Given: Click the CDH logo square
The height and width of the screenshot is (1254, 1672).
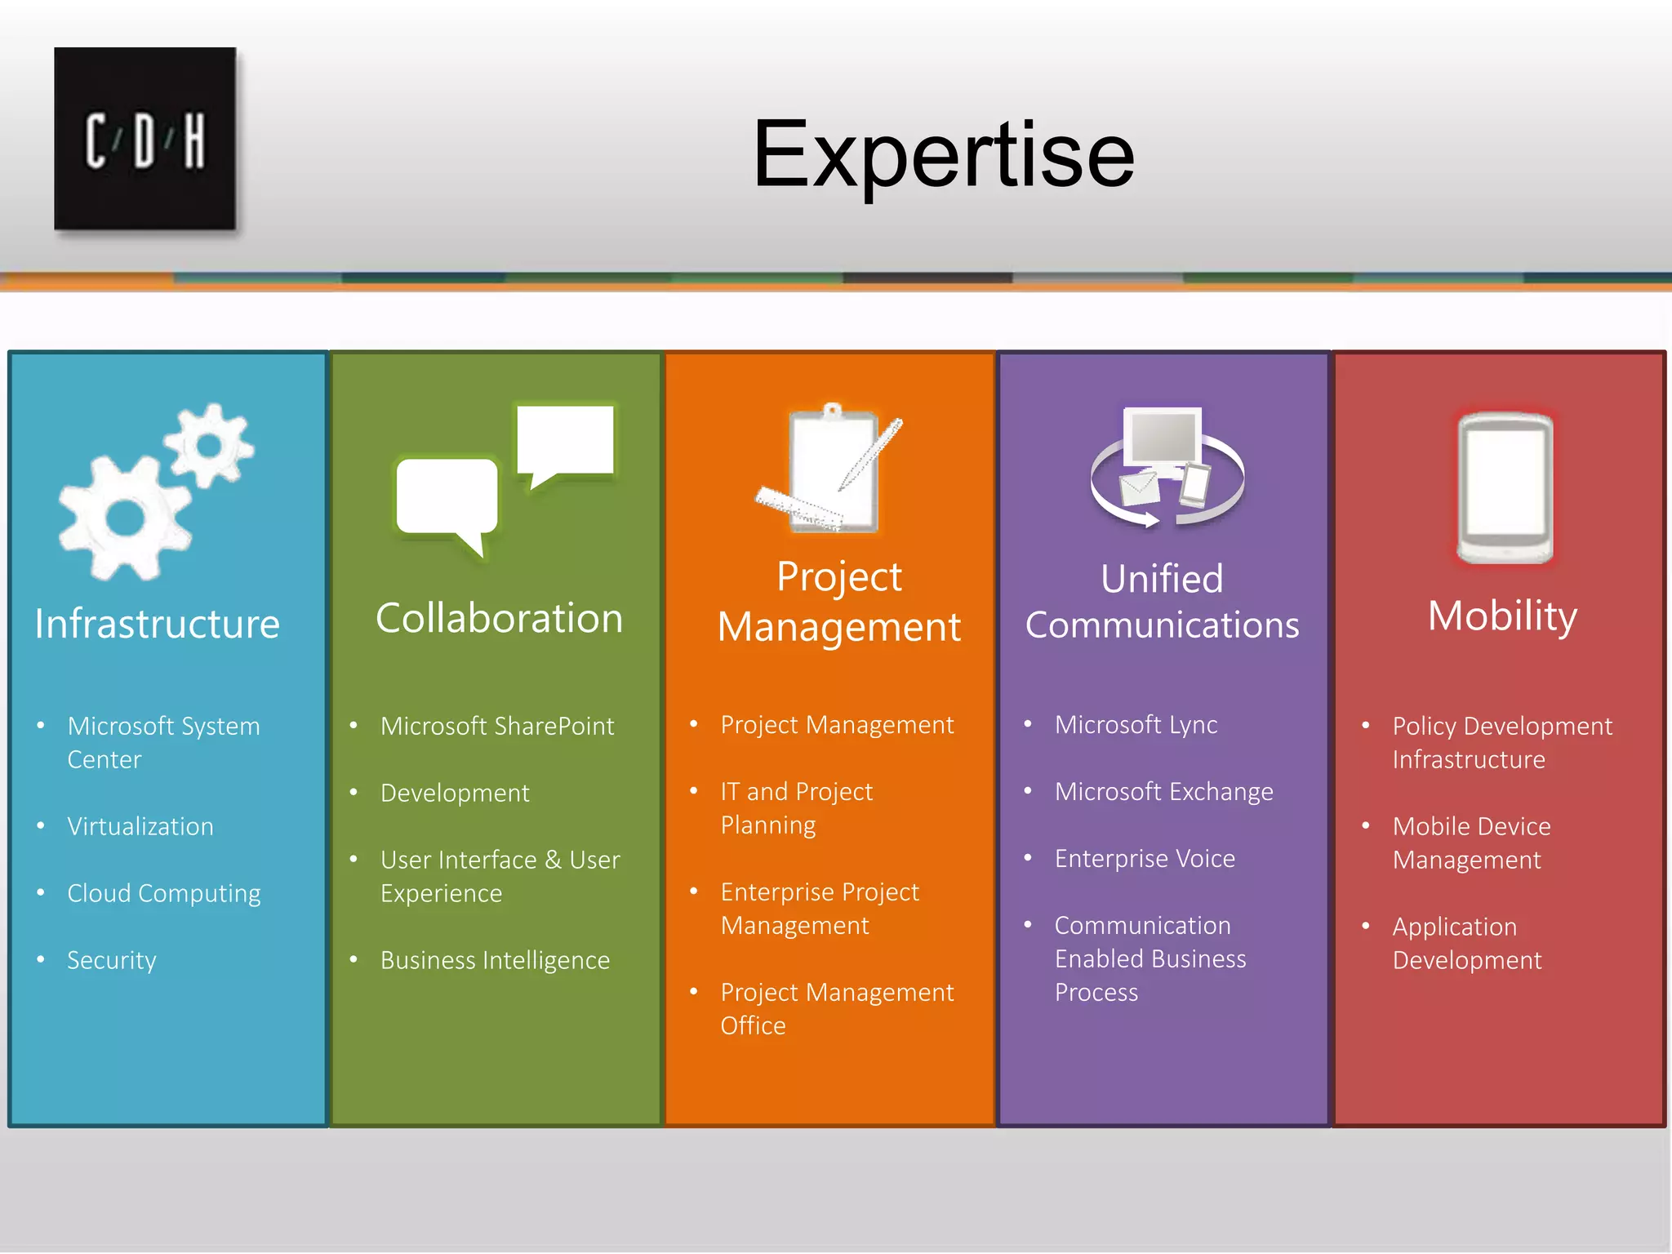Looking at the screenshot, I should click(145, 139).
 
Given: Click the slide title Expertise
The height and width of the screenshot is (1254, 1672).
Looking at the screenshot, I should click(943, 154).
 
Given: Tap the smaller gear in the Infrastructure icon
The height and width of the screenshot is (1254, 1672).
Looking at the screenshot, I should click(209, 445).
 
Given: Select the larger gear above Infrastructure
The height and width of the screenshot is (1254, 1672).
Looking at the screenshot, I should click(124, 519).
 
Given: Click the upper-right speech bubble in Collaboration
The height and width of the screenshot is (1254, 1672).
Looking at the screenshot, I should click(565, 442).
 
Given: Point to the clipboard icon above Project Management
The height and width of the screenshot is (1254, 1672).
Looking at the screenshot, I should click(833, 469).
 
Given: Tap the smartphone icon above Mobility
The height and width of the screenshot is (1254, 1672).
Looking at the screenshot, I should click(1505, 488).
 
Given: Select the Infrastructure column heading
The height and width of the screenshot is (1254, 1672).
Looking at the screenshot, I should click(158, 624).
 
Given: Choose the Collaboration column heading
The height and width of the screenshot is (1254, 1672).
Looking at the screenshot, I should click(499, 618).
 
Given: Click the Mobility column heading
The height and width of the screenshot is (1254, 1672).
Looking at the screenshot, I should click(1502, 616).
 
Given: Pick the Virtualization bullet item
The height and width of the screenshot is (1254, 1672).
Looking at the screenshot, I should click(140, 826).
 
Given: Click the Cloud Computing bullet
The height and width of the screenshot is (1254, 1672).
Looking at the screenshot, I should click(164, 893).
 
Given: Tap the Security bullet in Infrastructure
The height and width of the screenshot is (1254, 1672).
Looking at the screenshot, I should click(112, 960).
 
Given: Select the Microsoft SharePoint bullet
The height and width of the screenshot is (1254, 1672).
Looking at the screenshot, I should click(497, 726).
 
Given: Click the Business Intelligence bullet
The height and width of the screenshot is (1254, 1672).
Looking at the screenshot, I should click(495, 960).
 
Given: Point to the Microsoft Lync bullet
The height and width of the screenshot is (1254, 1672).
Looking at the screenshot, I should click(1136, 724).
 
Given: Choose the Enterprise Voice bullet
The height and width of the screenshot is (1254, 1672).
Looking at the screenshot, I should click(1145, 858).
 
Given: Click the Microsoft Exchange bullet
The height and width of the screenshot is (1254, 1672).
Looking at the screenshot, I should click(1163, 791).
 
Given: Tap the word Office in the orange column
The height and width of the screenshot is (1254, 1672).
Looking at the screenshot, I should click(753, 1025).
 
